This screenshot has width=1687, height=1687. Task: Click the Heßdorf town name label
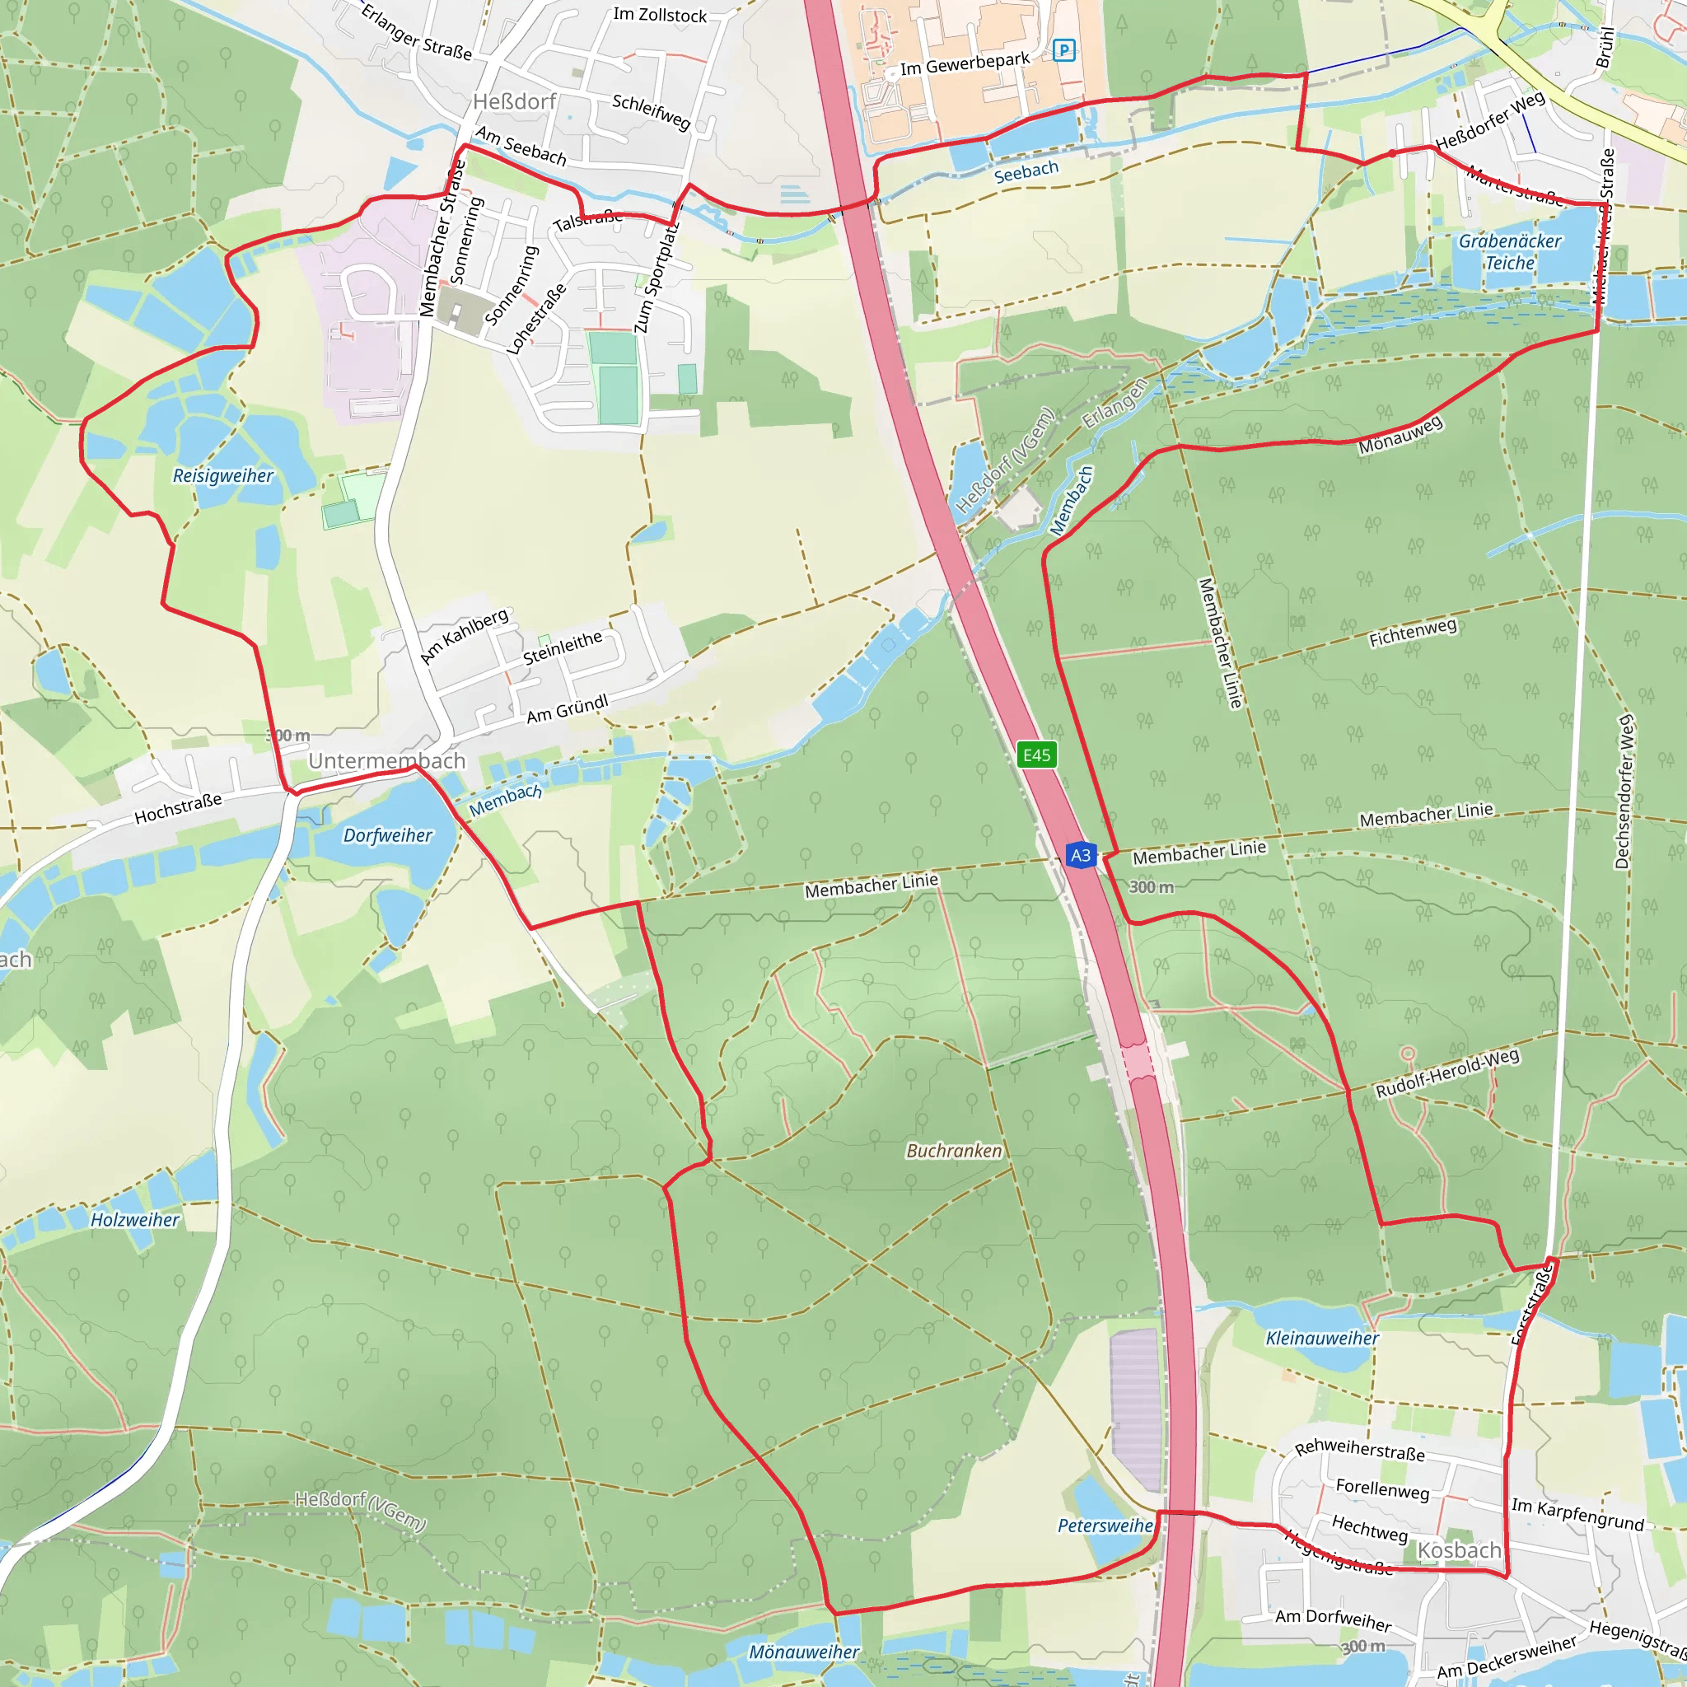click(514, 102)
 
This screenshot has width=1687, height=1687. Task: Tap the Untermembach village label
click(387, 760)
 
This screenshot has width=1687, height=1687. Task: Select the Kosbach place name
click(1459, 1550)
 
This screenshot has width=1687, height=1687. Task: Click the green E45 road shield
click(1036, 755)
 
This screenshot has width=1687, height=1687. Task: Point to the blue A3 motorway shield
click(1080, 855)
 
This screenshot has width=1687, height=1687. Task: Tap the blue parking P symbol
click(1063, 49)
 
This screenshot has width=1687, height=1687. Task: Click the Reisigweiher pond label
click(222, 476)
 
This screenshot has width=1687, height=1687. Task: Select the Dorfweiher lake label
click(388, 835)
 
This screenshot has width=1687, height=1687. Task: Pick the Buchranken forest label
click(954, 1151)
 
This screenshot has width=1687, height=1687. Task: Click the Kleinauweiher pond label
click(1322, 1339)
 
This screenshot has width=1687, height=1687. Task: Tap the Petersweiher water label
click(1105, 1526)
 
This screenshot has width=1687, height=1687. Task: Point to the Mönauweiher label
click(804, 1652)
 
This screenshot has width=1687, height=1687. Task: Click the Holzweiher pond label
click(135, 1220)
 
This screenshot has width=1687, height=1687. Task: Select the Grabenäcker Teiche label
click(1510, 251)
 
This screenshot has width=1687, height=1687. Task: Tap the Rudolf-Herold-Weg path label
click(1448, 1073)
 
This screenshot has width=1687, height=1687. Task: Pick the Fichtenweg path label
click(1413, 632)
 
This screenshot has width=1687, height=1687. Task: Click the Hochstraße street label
click(178, 809)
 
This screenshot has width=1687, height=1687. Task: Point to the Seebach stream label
click(1026, 171)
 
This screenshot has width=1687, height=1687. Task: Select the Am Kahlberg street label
click(465, 635)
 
